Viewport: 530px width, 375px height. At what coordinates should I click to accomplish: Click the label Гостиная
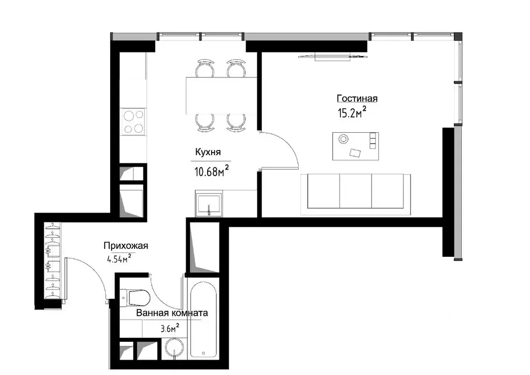tap(357, 99)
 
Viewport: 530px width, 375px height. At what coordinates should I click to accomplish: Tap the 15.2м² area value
tap(352, 112)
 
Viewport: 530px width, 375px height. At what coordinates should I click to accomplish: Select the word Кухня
tap(208, 152)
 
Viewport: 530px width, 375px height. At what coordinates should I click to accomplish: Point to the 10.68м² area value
tap(212, 171)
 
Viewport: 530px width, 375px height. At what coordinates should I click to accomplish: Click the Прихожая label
tap(126, 246)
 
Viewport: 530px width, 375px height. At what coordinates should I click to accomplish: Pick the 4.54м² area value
tap(119, 259)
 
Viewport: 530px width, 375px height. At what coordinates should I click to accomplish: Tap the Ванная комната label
tap(172, 313)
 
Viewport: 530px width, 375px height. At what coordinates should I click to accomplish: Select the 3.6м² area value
tap(170, 328)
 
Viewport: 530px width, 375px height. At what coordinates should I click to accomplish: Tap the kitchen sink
tap(209, 204)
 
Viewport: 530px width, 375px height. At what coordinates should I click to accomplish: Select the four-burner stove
tap(133, 122)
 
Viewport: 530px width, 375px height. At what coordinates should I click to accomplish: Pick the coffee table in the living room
tap(356, 146)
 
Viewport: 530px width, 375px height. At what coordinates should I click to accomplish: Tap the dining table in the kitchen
tap(222, 95)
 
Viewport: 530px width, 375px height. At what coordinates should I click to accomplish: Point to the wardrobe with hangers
tap(53, 260)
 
